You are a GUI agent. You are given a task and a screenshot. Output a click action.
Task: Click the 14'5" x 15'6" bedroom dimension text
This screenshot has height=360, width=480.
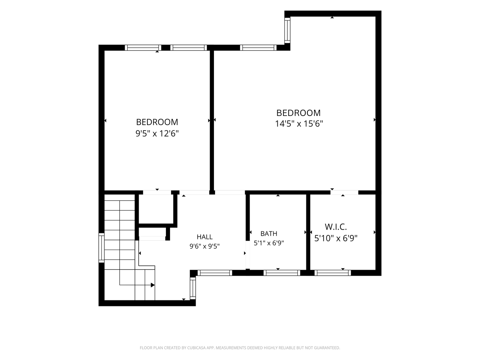coord(299,124)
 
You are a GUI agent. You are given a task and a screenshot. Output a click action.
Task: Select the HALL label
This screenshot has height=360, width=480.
coord(204,237)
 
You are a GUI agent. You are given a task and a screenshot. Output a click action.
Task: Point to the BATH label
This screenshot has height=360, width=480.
coord(269,233)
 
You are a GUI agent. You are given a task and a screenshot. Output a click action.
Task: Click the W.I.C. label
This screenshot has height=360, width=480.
coord(336,227)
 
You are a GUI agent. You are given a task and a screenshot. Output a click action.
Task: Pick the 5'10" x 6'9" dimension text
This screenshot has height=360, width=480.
coord(336,238)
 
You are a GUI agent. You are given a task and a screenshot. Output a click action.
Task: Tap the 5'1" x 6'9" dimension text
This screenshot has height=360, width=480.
coord(269,243)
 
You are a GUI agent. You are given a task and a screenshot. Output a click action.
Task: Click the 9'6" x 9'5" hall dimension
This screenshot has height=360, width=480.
coord(204,246)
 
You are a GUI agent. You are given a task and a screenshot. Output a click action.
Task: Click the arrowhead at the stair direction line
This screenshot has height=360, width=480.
coord(153,285)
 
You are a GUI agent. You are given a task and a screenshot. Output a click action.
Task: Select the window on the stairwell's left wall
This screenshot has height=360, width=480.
coord(101,248)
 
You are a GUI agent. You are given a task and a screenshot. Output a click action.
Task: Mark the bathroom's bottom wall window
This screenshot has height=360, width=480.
coord(282,273)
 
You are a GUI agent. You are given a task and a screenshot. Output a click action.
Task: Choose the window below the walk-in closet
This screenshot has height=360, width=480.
coord(333,273)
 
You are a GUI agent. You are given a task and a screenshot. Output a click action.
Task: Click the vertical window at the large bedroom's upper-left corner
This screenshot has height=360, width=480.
coord(287,30)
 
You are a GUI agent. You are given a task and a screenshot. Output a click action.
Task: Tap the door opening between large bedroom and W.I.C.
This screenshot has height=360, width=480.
coord(344,192)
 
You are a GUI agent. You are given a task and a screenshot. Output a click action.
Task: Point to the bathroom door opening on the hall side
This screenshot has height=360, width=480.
coord(248,255)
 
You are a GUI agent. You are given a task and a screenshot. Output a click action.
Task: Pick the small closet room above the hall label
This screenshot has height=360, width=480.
coord(156,209)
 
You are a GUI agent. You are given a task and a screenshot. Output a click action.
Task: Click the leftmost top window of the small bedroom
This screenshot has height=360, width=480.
coord(143,48)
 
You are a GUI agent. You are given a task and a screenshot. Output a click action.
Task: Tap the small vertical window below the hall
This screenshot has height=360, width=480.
coord(193,288)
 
